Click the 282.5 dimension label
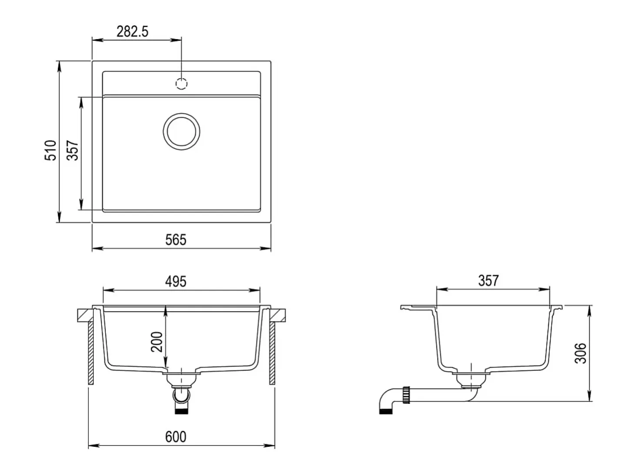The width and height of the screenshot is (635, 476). [132, 31]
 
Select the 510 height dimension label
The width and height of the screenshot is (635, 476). [50, 150]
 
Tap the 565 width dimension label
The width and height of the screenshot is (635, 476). [176, 240]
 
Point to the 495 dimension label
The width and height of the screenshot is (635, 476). [176, 282]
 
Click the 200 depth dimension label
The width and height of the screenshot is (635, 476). [157, 342]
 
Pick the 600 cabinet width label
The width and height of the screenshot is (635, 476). [176, 437]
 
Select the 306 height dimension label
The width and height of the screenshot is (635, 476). [580, 353]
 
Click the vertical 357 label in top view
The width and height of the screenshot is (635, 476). [72, 150]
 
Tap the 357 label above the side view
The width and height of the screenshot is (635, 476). [488, 281]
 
